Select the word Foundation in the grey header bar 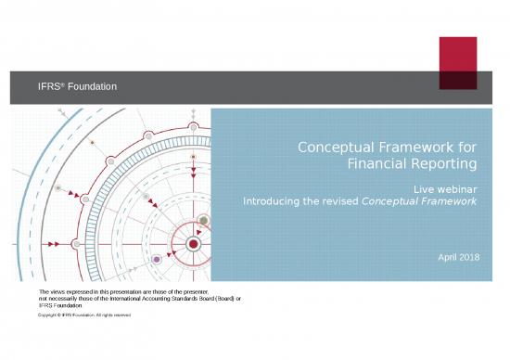pos(91,87)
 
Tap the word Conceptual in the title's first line pos(337,147)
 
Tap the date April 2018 pos(459,257)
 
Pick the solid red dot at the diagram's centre pos(193,244)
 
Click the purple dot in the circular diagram pos(157,259)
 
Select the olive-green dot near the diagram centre pos(203,220)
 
